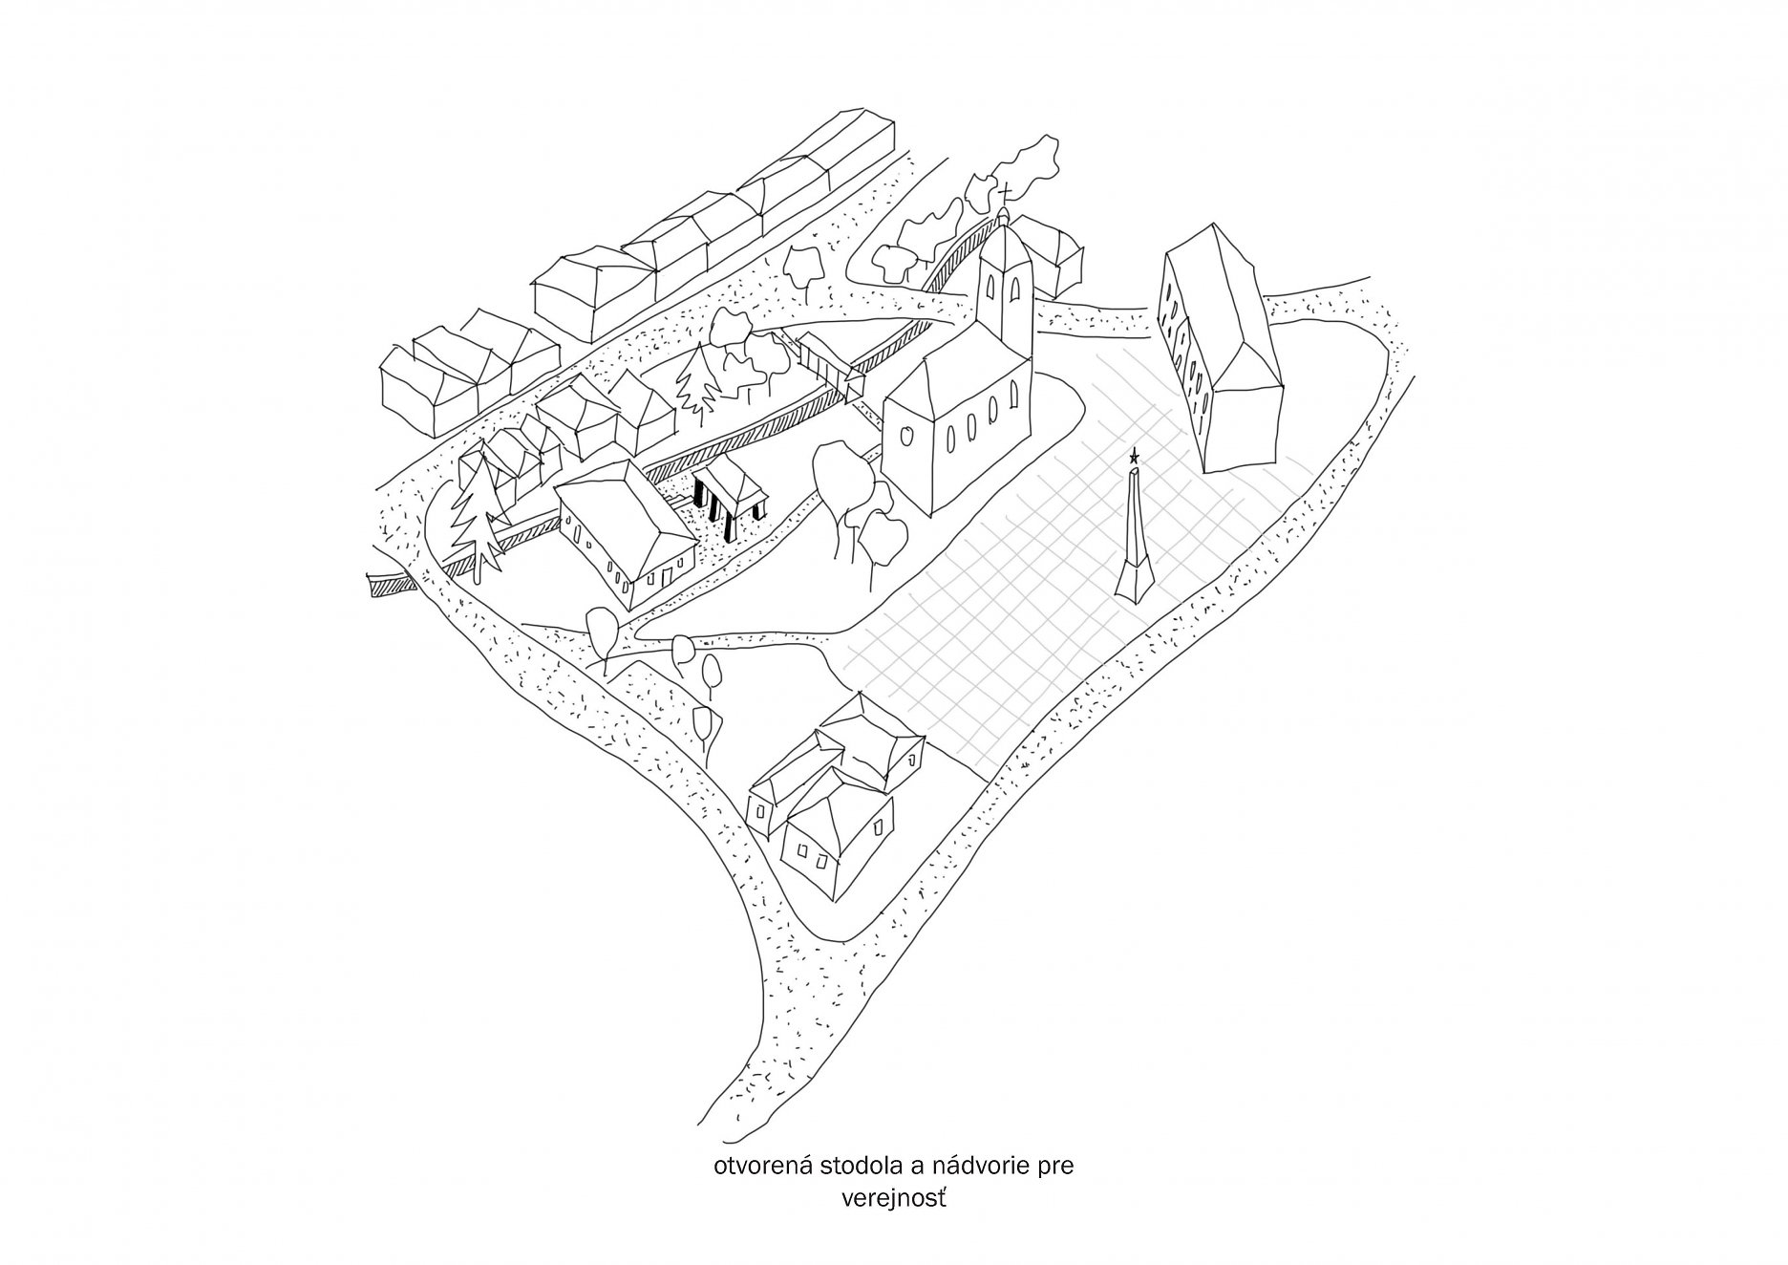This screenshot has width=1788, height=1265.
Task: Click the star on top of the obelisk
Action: (x=1134, y=456)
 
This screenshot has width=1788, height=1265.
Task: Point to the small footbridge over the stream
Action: (x=827, y=363)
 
